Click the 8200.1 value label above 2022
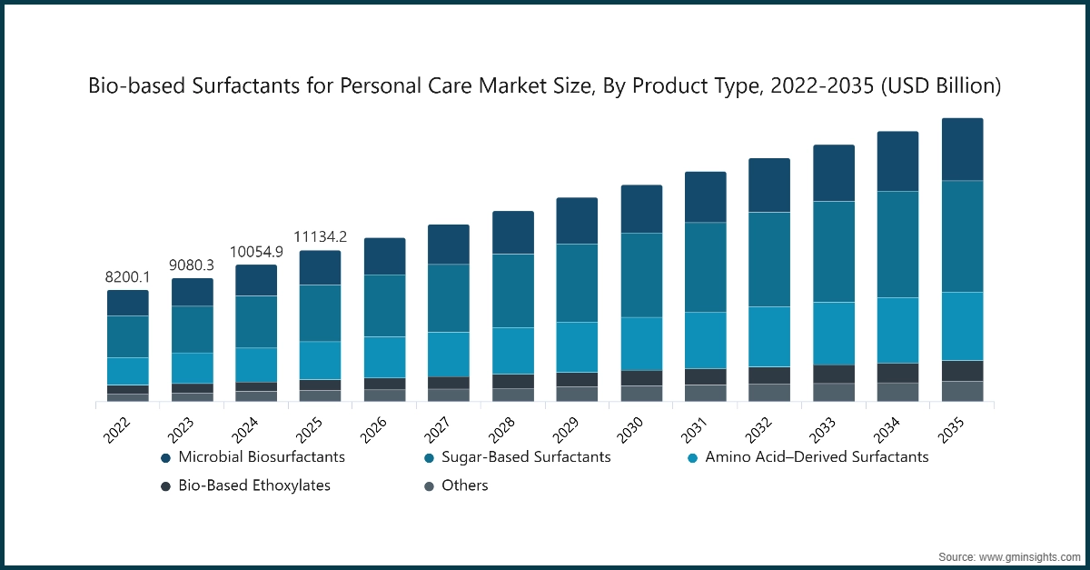click(127, 277)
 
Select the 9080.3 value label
click(192, 265)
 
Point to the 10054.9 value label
click(256, 252)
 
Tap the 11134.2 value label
click(321, 237)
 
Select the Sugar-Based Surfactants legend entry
click(526, 457)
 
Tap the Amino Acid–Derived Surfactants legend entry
click(817, 457)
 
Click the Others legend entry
click(465, 485)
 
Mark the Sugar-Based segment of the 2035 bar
click(962, 236)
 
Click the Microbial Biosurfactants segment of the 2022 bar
click(127, 303)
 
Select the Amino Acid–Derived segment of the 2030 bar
click(641, 344)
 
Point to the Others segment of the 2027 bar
click(449, 395)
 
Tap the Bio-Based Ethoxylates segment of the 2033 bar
click(834, 374)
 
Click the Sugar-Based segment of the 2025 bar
click(321, 314)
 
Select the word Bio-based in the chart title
click(126, 86)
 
